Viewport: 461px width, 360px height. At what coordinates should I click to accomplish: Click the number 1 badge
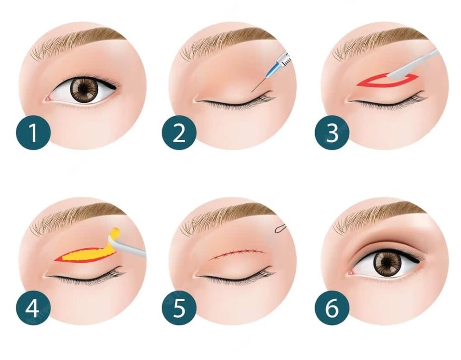click(33, 133)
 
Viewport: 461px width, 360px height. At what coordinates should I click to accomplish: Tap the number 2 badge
click(179, 133)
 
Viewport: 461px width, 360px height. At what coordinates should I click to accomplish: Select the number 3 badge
click(332, 133)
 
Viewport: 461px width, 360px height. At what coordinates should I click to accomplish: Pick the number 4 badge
click(33, 308)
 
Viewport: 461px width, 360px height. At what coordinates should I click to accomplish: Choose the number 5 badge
click(179, 308)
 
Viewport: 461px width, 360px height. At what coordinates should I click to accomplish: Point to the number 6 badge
click(332, 308)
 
